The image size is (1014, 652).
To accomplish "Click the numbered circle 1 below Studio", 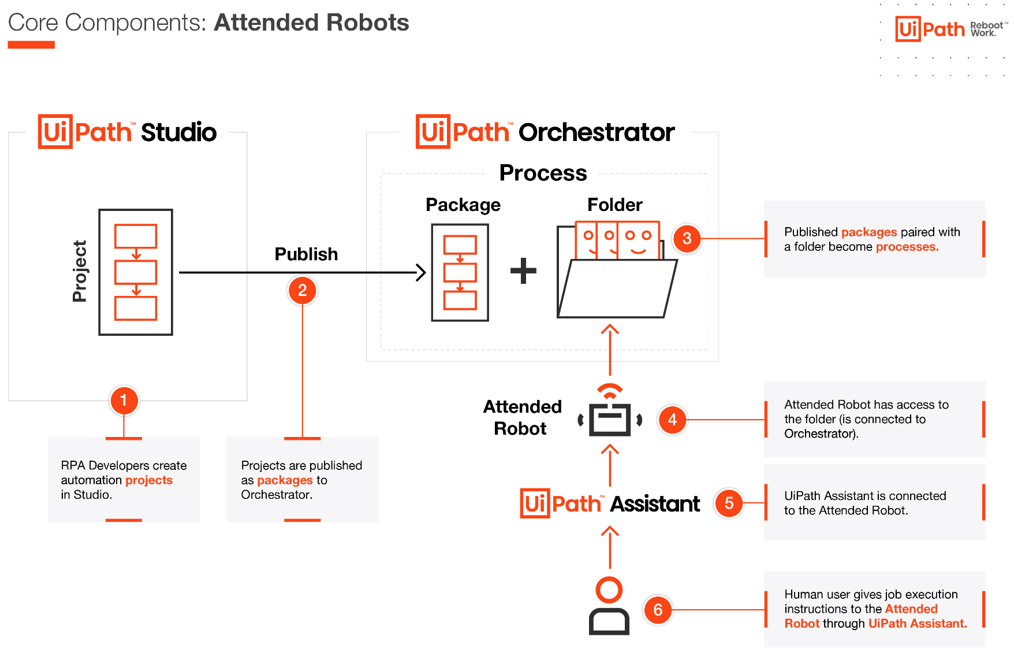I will (124, 401).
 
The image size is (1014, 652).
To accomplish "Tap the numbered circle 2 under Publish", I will (302, 290).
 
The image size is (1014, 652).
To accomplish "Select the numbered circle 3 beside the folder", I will (687, 238).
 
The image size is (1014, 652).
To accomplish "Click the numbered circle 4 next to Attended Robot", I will (672, 420).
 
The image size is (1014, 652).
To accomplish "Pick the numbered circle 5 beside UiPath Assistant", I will (729, 503).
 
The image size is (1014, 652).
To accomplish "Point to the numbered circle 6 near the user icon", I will (658, 610).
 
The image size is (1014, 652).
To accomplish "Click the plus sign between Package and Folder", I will (523, 271).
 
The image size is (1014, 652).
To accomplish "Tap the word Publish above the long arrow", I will (306, 254).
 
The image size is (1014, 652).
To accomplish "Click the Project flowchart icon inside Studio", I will (136, 272).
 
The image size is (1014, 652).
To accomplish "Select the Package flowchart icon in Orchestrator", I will (460, 272).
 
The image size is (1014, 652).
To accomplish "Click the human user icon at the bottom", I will (609, 606).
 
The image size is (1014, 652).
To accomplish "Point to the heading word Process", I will (543, 173).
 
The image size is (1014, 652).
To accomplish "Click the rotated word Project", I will (80, 271).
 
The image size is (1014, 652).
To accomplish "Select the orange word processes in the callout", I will (907, 247).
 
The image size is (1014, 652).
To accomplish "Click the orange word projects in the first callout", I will (149, 480).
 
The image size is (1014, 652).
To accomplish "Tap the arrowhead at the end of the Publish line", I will (422, 272).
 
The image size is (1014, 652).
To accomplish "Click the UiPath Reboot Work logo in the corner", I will (950, 29).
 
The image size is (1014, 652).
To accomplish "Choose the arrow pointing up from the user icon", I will (610, 546).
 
